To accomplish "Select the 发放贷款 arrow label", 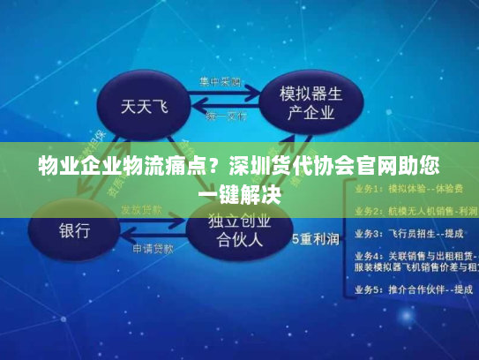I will coord(142,209).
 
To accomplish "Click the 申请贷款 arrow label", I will coord(153,250).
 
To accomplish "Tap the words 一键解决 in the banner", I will coord(239,192).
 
